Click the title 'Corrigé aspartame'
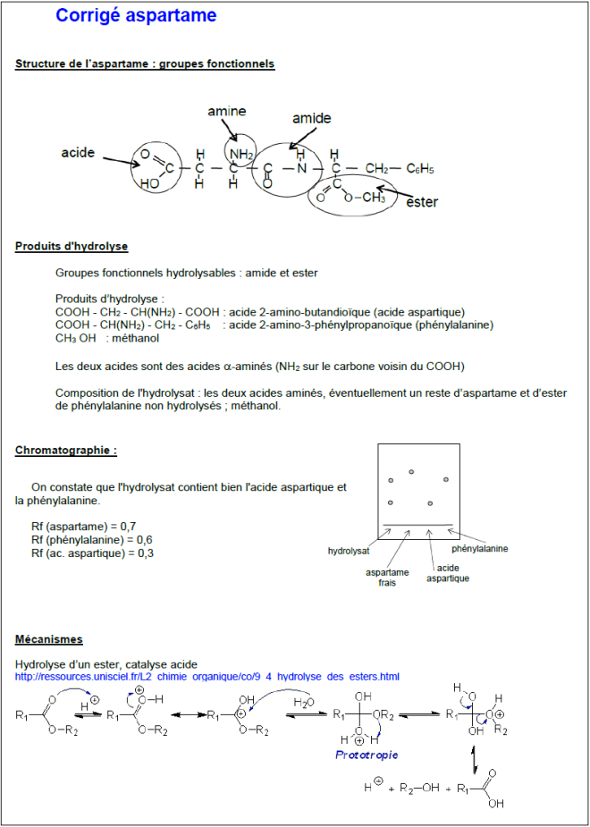click(135, 16)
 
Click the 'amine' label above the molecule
click(226, 111)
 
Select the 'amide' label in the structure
click(311, 118)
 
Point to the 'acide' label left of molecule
click(78, 153)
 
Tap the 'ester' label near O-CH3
click(421, 202)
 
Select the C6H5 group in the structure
click(419, 168)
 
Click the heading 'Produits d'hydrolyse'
click(72, 246)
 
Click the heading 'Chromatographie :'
click(66, 451)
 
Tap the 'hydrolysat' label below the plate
click(349, 552)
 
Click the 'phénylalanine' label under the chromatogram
click(479, 549)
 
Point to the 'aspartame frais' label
click(387, 577)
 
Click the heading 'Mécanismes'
click(49, 639)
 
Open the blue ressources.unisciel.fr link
click(207, 677)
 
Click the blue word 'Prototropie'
click(367, 755)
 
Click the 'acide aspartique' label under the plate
click(447, 573)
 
